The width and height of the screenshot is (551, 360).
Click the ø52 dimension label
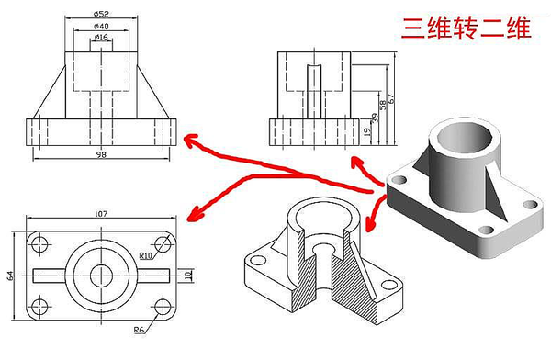coord(101,14)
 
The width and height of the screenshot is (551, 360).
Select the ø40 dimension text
coord(101,26)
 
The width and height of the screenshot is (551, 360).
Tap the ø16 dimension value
coord(101,37)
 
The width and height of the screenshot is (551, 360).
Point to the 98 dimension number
coord(101,154)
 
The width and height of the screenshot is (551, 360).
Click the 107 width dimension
coord(101,213)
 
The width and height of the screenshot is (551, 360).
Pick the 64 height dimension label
coord(11,276)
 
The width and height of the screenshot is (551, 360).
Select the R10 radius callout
coord(146,255)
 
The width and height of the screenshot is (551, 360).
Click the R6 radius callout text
coord(139,330)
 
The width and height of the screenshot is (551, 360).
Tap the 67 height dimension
coord(391,98)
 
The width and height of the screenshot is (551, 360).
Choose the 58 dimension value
coord(383,105)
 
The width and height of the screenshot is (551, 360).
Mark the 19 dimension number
coord(367,131)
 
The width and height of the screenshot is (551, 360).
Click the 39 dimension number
coord(376,118)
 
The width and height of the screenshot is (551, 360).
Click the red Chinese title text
coord(467,28)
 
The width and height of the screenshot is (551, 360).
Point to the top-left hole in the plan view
coord(39,243)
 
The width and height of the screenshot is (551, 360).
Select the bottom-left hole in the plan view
coord(39,307)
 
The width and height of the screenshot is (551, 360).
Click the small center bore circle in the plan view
coord(101,276)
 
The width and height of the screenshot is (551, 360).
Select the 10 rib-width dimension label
coord(188,276)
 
